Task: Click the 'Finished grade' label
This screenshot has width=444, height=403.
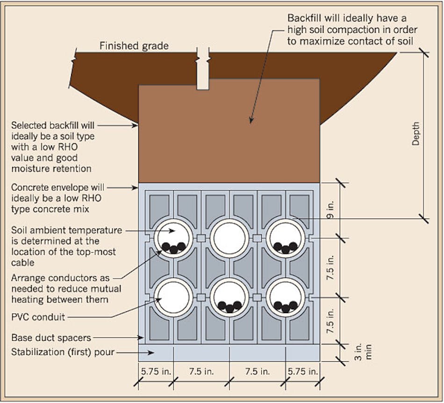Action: (x=134, y=46)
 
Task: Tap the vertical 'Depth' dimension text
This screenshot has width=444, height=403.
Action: (x=415, y=134)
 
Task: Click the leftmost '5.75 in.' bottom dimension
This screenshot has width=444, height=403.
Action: (x=156, y=372)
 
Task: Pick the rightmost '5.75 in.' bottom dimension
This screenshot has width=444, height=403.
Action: (x=302, y=372)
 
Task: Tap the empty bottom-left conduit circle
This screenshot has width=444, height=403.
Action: (x=173, y=297)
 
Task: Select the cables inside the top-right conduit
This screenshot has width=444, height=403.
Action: (x=285, y=247)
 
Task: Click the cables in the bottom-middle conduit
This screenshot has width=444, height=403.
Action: (x=229, y=307)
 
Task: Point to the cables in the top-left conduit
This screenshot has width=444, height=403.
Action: (x=173, y=248)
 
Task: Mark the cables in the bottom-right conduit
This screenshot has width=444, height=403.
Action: (x=285, y=307)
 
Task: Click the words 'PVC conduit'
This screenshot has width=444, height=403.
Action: (x=38, y=317)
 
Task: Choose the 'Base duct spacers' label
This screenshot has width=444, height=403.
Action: (x=50, y=337)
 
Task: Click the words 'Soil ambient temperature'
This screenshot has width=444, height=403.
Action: (x=66, y=230)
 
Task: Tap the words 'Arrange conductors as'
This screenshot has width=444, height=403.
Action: (x=61, y=278)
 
